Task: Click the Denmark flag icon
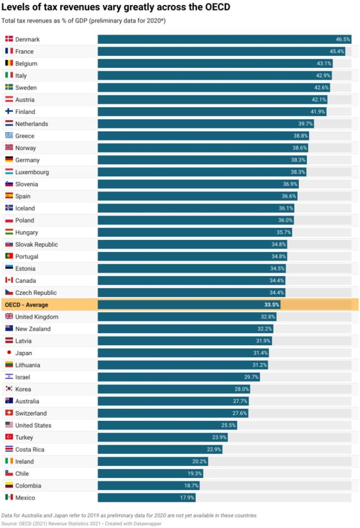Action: click(9, 39)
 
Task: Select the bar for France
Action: click(221, 51)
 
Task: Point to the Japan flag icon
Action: click(9, 353)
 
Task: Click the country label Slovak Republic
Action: click(36, 244)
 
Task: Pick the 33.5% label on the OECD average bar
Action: click(272, 304)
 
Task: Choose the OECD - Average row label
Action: click(27, 304)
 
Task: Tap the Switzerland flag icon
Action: click(9, 413)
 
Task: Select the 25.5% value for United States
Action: click(229, 425)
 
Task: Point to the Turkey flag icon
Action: click(9, 437)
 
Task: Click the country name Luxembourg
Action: click(32, 172)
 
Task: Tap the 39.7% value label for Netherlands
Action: click(306, 124)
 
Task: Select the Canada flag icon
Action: click(9, 280)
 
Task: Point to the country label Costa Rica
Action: click(30, 449)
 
